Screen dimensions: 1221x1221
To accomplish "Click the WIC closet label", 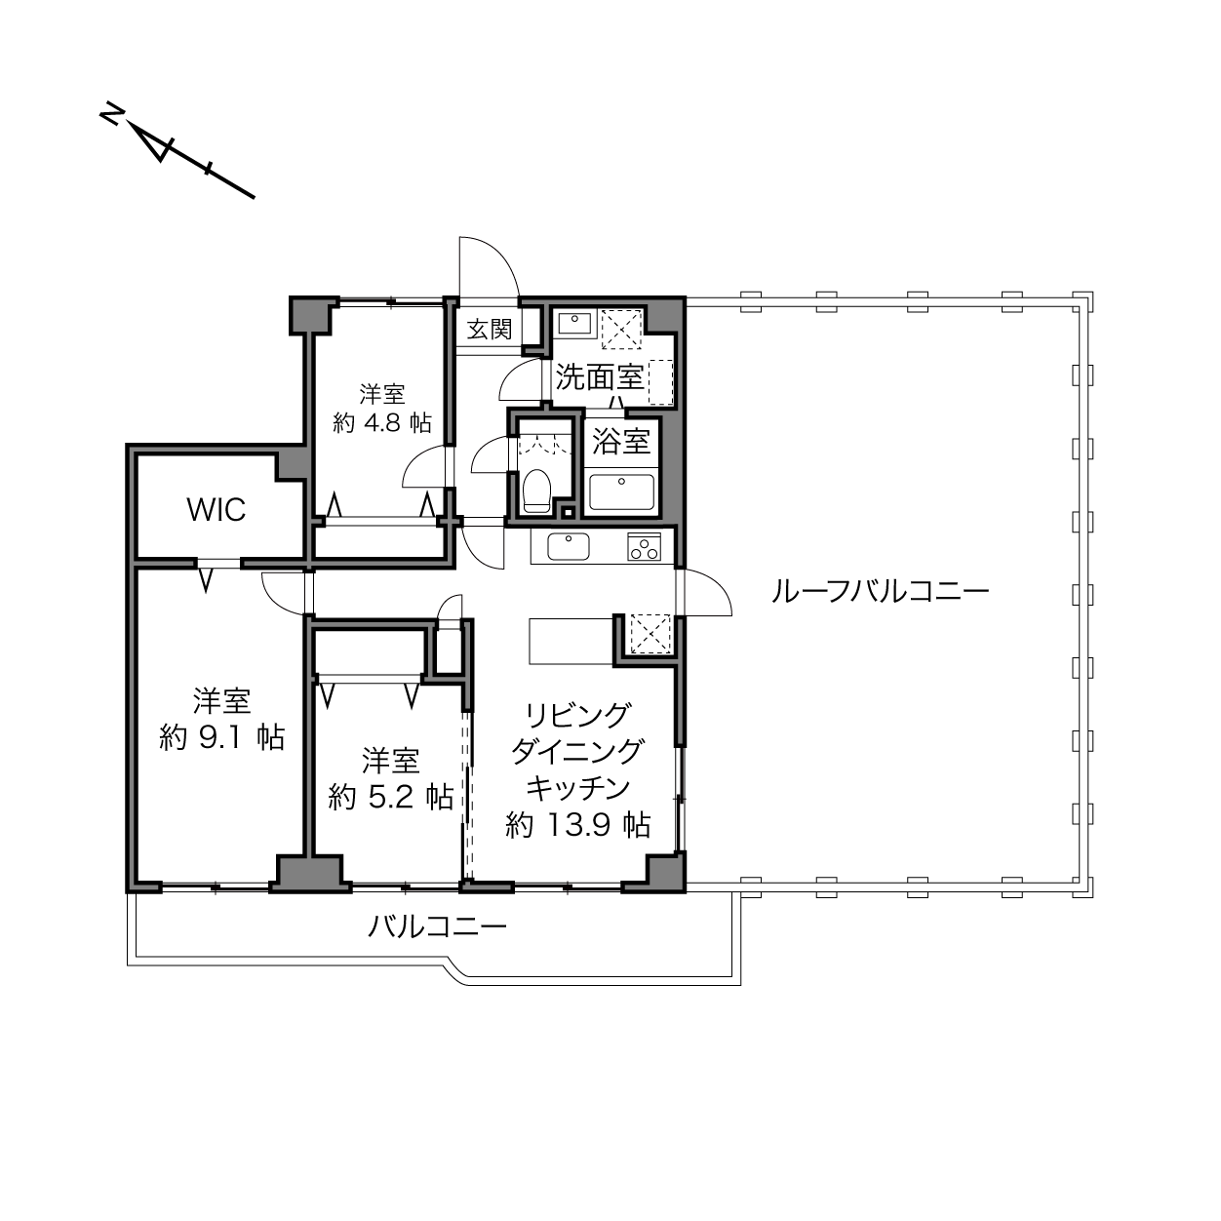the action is [x=217, y=510].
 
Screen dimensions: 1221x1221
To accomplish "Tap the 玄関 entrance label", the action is [x=490, y=329].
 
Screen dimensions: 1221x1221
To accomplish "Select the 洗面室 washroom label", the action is [x=600, y=377].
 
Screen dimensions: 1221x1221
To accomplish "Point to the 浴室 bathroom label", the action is [x=621, y=441].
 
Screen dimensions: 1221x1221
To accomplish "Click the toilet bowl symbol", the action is [x=537, y=491].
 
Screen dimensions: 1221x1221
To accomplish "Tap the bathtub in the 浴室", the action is [x=621, y=492].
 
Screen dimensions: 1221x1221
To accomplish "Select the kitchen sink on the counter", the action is [x=569, y=546].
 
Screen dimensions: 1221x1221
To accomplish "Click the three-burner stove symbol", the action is [x=644, y=547].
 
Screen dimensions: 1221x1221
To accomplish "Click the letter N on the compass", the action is [x=111, y=113].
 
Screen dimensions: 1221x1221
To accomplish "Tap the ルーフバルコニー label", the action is [x=880, y=592].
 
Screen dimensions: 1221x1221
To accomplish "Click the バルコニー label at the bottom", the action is [x=438, y=927].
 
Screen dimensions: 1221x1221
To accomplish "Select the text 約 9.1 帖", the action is [x=221, y=737].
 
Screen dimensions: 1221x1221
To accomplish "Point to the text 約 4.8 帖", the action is [x=382, y=422].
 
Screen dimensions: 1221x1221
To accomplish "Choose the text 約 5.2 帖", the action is [x=391, y=796].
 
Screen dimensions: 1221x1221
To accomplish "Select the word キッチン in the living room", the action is [x=578, y=788].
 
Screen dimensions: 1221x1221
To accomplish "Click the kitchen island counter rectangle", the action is [x=571, y=641].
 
